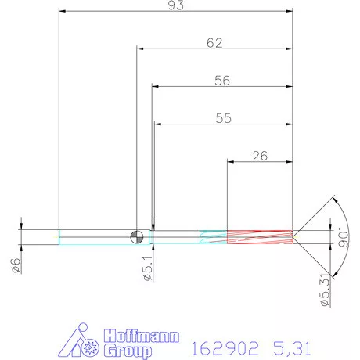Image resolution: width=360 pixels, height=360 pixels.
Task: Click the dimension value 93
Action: click(175, 5)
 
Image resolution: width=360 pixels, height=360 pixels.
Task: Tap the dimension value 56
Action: click(222, 80)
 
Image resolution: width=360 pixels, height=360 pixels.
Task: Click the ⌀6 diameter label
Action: click(15, 265)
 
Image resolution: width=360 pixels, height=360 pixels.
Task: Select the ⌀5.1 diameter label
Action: click(146, 269)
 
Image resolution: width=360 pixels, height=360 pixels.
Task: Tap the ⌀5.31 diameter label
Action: click(322, 293)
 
